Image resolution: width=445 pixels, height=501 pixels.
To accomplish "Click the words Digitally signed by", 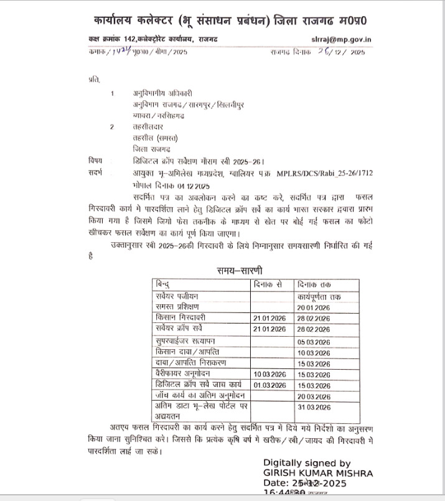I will point(307,463).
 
